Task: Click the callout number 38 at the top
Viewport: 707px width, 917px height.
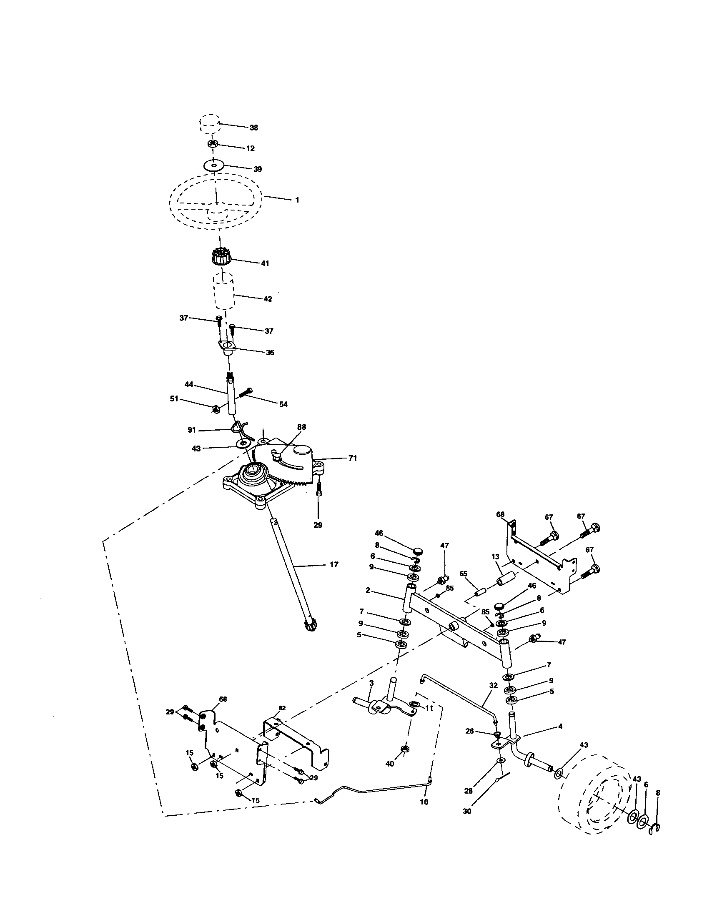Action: click(253, 128)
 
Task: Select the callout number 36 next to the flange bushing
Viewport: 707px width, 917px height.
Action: click(270, 352)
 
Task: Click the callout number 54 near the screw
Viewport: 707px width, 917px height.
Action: click(283, 404)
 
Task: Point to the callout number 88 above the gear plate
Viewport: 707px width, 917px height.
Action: click(301, 427)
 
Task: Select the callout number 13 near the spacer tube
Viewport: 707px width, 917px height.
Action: click(495, 557)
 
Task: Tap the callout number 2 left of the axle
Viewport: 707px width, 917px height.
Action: click(368, 590)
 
